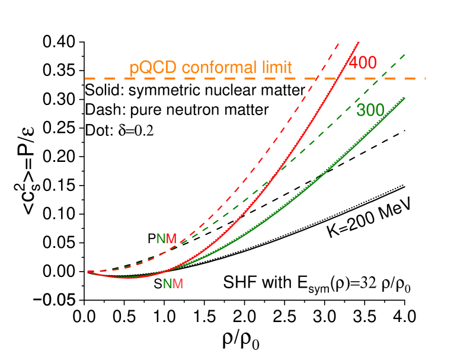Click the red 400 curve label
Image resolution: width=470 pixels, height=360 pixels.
point(362,62)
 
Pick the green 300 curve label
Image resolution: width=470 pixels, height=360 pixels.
point(370,110)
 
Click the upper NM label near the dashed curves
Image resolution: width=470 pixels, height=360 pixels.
point(167,238)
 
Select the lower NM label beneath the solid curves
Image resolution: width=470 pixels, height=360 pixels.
point(173,283)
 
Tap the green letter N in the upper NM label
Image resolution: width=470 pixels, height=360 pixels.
point(161,238)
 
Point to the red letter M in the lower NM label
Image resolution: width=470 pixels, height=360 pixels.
point(178,283)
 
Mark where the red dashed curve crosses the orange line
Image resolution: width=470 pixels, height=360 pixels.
point(317,78)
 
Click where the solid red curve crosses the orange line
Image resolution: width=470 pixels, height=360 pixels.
point(337,78)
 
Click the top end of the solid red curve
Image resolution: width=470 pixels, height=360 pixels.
point(359,42)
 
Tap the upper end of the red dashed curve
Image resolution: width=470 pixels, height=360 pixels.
point(338,43)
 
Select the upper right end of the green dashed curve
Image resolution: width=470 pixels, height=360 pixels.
point(405,54)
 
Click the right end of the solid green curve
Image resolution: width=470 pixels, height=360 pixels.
point(405,97)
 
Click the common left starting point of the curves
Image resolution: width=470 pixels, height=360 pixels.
point(88,271)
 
